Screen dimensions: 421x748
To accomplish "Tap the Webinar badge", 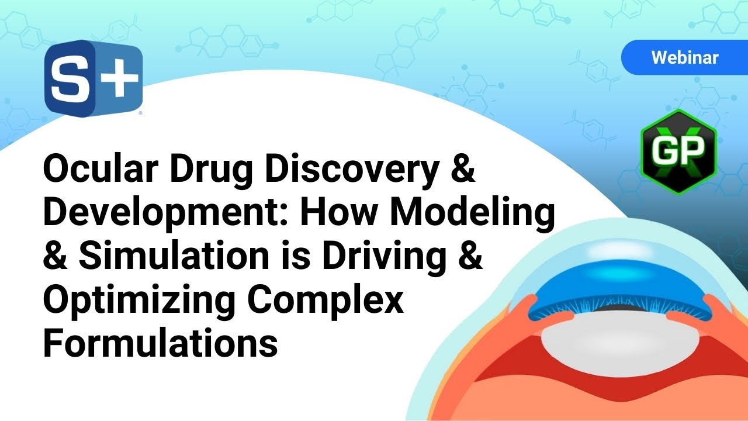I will pyautogui.click(x=684, y=57).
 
